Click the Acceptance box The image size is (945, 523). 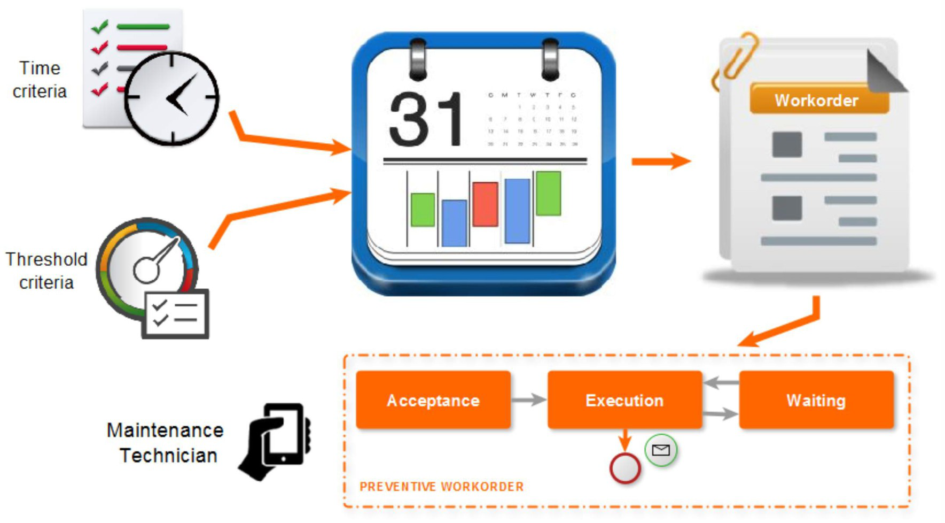point(433,400)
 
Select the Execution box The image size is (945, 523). point(624,400)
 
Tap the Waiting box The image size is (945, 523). point(816,400)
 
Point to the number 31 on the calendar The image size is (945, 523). point(426,119)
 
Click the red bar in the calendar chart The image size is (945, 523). point(485,204)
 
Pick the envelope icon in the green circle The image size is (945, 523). point(661,450)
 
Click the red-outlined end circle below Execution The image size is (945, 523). point(624,468)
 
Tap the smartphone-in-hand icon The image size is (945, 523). point(278,441)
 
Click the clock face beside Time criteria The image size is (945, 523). point(171,98)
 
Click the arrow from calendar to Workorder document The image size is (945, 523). point(660,161)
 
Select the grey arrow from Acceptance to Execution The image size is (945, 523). point(528,399)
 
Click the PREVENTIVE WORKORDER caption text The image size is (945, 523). point(441,487)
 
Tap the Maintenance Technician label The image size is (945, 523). point(166,443)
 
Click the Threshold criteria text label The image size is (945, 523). point(46,271)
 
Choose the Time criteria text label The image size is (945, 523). point(40,80)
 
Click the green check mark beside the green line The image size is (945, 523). point(100,26)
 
